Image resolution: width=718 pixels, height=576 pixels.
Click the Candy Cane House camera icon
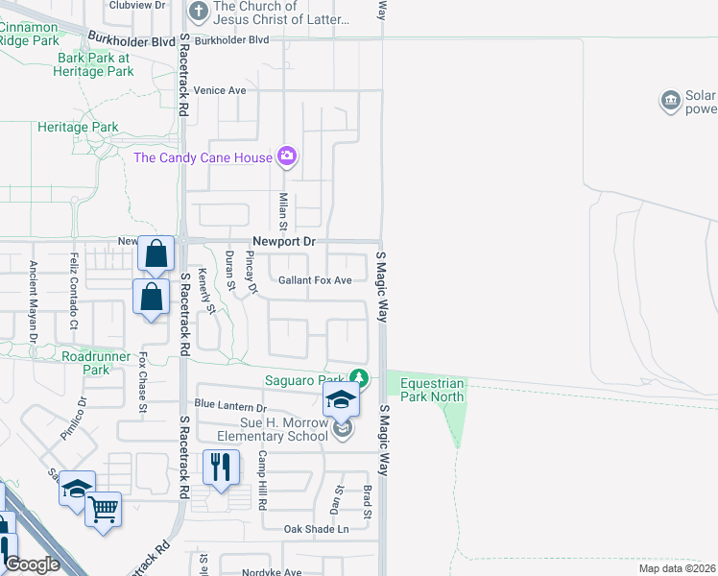point(286,156)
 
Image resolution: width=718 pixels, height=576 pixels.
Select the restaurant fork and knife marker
point(222,468)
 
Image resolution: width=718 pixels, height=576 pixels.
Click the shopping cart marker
point(103,509)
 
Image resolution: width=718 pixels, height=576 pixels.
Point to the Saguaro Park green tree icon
point(359,376)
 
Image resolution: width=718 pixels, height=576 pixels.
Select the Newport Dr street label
point(284,242)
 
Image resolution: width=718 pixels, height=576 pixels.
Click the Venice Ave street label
point(220,90)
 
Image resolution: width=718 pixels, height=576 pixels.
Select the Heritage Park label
point(78,127)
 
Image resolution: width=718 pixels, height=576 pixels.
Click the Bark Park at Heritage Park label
point(94,64)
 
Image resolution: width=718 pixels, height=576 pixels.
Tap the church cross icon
point(199,12)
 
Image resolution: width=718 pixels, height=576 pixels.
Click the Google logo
point(32,564)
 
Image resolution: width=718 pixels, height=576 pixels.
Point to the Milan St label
point(283,211)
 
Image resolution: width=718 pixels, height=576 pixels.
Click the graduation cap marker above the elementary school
point(340,399)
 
